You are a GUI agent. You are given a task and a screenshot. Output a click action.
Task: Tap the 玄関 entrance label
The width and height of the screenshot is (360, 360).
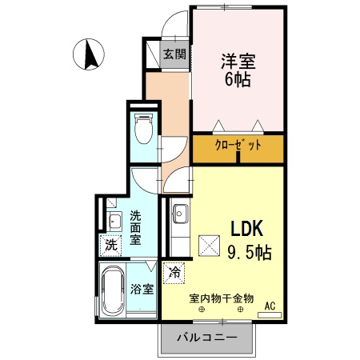pos(174,54)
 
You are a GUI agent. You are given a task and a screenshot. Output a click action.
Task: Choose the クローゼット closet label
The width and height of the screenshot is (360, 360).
pos(238,146)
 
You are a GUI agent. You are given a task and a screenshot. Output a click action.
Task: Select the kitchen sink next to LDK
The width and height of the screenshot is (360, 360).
pos(179,215)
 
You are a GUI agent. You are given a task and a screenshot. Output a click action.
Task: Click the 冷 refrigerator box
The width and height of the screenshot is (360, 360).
pos(174,272)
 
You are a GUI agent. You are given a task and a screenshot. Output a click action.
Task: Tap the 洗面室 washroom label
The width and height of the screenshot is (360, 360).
pos(135,227)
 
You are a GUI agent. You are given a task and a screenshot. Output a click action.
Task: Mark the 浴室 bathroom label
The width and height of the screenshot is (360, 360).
pos(142,289)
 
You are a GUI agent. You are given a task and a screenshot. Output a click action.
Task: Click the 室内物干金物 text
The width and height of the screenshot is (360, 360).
pos(222,298)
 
